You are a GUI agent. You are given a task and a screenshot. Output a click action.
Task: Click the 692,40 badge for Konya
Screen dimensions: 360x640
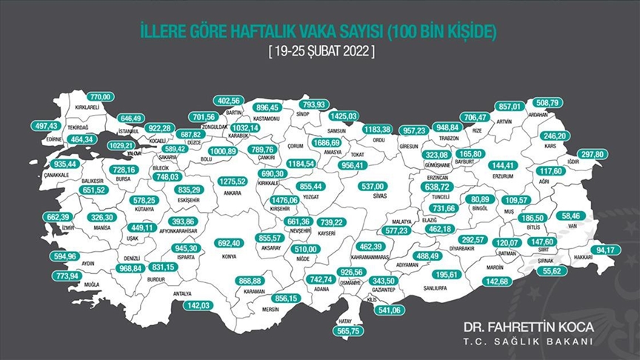230,242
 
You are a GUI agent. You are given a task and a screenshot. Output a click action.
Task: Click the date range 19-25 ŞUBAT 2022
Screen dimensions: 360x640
319,53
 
